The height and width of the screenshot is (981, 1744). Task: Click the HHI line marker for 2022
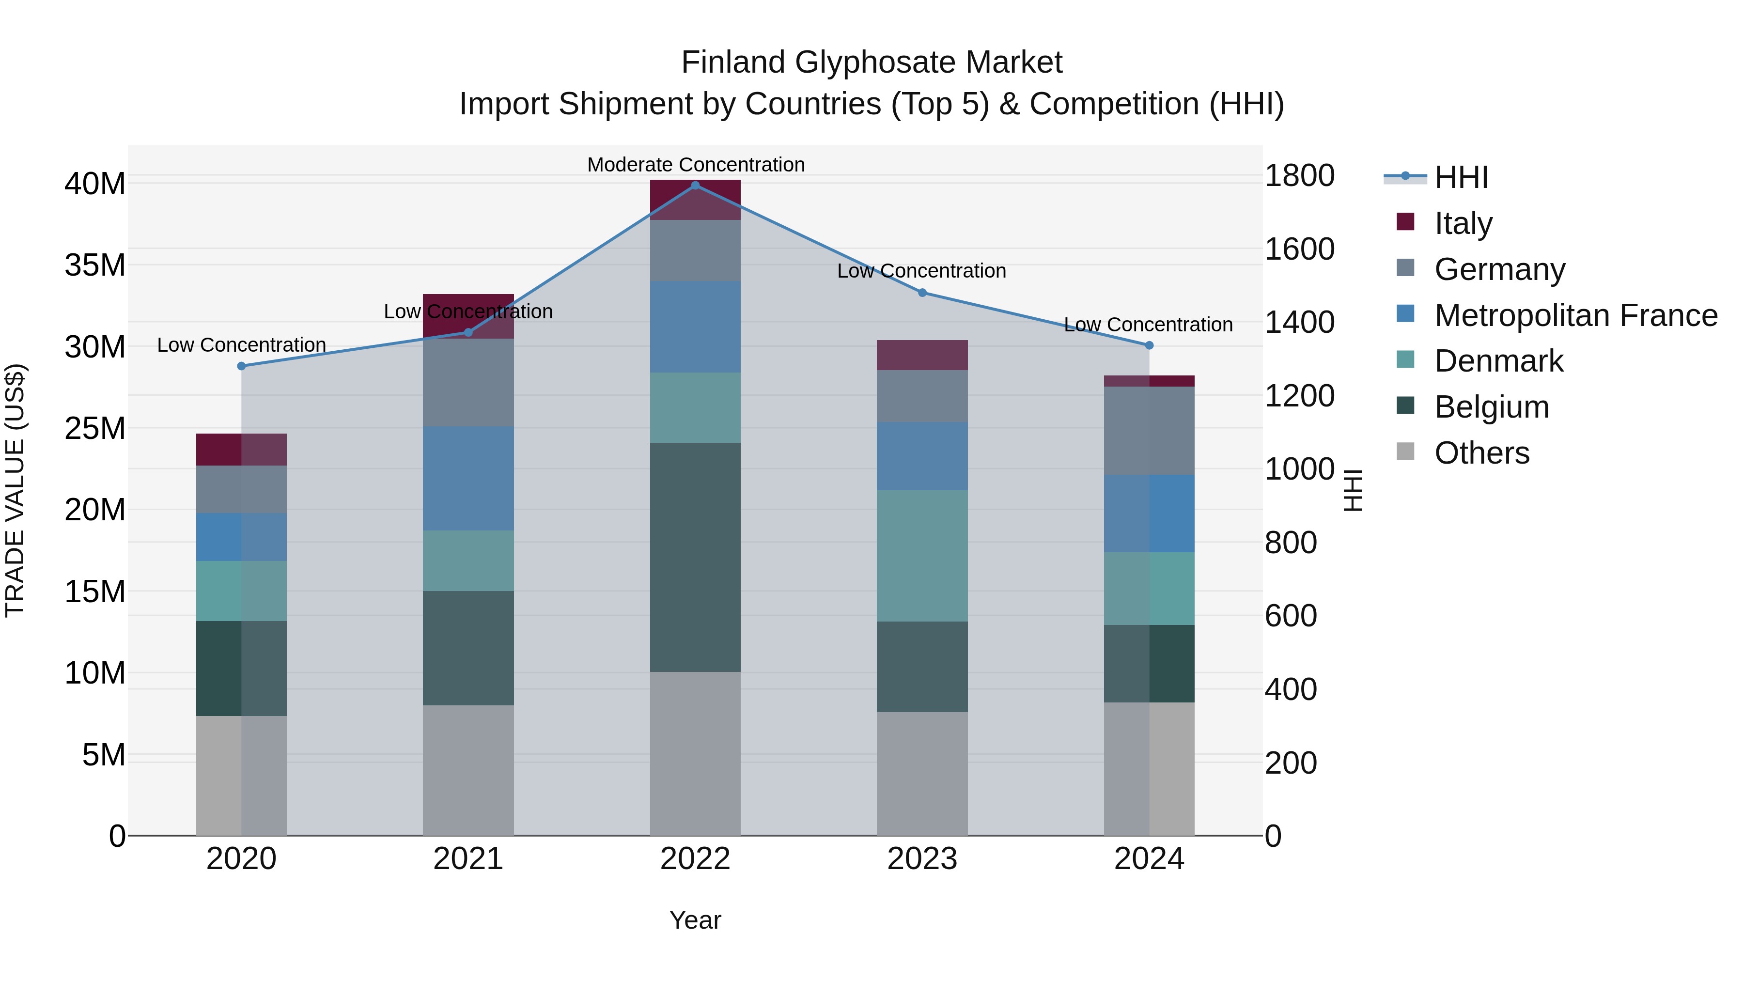pyautogui.click(x=695, y=185)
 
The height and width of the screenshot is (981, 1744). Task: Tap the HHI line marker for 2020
pyautogui.click(x=242, y=366)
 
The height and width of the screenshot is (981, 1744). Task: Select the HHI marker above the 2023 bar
pyautogui.click(x=922, y=293)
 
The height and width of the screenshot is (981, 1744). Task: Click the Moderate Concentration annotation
pyautogui.click(x=695, y=165)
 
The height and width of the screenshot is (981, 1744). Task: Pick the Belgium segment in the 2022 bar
pyautogui.click(x=695, y=557)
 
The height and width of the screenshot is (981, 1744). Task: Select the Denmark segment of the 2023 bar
pyautogui.click(x=922, y=556)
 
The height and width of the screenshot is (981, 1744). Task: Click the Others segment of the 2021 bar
pyautogui.click(x=468, y=770)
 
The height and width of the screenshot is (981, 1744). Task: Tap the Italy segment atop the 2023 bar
pyautogui.click(x=922, y=355)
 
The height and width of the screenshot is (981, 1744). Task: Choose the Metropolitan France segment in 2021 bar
pyautogui.click(x=468, y=478)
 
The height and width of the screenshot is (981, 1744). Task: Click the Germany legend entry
pyautogui.click(x=1499, y=269)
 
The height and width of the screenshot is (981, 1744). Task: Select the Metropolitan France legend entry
pyautogui.click(x=1575, y=315)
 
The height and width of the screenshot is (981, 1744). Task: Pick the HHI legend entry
pyautogui.click(x=1461, y=177)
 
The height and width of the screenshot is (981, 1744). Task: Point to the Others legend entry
pyautogui.click(x=1481, y=453)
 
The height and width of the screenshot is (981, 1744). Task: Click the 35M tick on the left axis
pyautogui.click(x=95, y=265)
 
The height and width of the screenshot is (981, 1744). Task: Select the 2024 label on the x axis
pyautogui.click(x=1149, y=859)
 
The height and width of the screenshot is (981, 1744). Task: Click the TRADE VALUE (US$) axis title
pyautogui.click(x=16, y=490)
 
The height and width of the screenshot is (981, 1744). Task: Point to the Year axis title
pyautogui.click(x=695, y=920)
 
